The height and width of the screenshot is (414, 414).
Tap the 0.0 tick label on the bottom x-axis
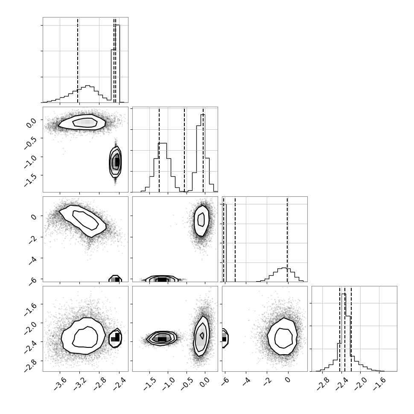tap(205, 382)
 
